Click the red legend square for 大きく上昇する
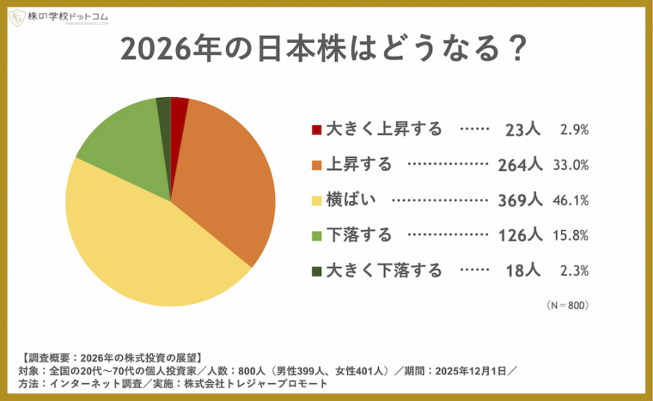(x=317, y=130)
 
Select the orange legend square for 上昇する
(x=317, y=165)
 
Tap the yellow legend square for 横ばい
(x=317, y=200)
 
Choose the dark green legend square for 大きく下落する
(x=317, y=271)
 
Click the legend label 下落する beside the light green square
(x=360, y=235)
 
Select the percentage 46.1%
(x=572, y=201)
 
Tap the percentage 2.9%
(x=573, y=131)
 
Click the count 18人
(x=522, y=271)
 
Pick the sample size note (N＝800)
(x=567, y=305)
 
